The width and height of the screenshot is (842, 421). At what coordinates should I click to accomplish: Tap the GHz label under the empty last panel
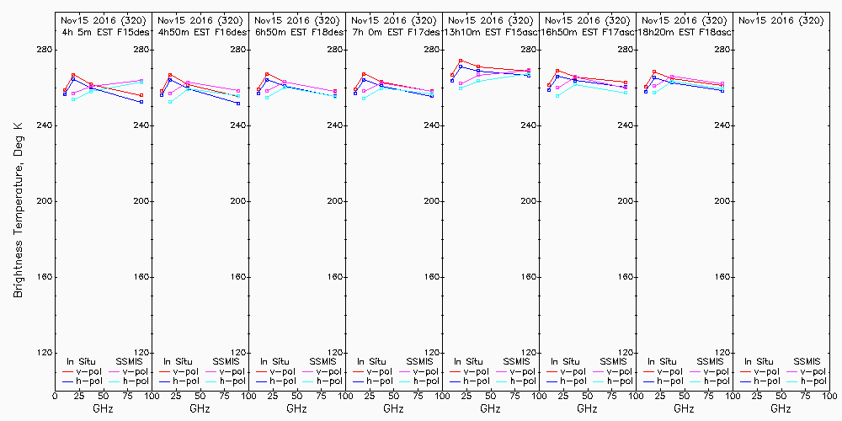point(781,408)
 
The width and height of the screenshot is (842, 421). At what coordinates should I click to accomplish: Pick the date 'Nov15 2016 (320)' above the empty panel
point(781,20)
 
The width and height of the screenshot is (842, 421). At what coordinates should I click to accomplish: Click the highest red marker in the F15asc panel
point(461,61)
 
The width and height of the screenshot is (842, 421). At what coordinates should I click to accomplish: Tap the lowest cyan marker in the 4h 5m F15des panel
point(74,99)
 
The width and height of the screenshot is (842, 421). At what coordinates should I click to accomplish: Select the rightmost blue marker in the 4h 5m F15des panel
point(141,102)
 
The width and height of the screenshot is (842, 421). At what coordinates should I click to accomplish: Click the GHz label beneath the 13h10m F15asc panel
point(490,408)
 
